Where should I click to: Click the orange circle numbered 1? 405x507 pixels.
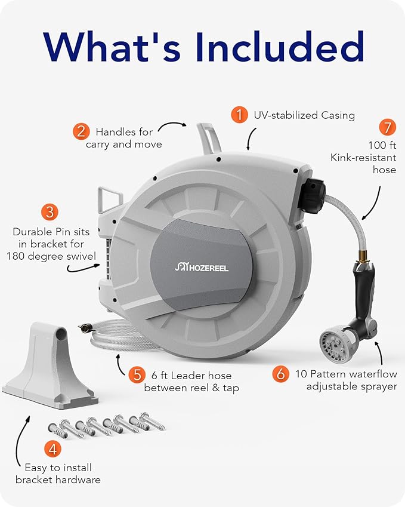(x=239, y=115)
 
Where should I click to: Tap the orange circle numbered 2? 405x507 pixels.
(x=81, y=131)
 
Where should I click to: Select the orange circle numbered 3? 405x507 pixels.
(x=50, y=212)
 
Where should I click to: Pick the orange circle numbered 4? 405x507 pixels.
(x=52, y=449)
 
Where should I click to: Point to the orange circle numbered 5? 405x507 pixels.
(x=137, y=375)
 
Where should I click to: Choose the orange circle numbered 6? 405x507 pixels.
(x=281, y=374)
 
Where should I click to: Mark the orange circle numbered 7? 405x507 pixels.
(x=388, y=127)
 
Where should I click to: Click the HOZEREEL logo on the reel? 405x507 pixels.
(x=202, y=268)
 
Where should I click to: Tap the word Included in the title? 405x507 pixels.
(x=279, y=47)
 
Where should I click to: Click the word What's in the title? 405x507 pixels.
(x=112, y=47)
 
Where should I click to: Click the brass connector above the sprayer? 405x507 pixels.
(x=360, y=257)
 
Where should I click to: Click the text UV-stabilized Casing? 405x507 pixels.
(x=304, y=115)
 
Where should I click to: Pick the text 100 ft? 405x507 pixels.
(x=382, y=145)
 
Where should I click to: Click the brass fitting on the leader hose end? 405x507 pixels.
(x=85, y=328)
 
